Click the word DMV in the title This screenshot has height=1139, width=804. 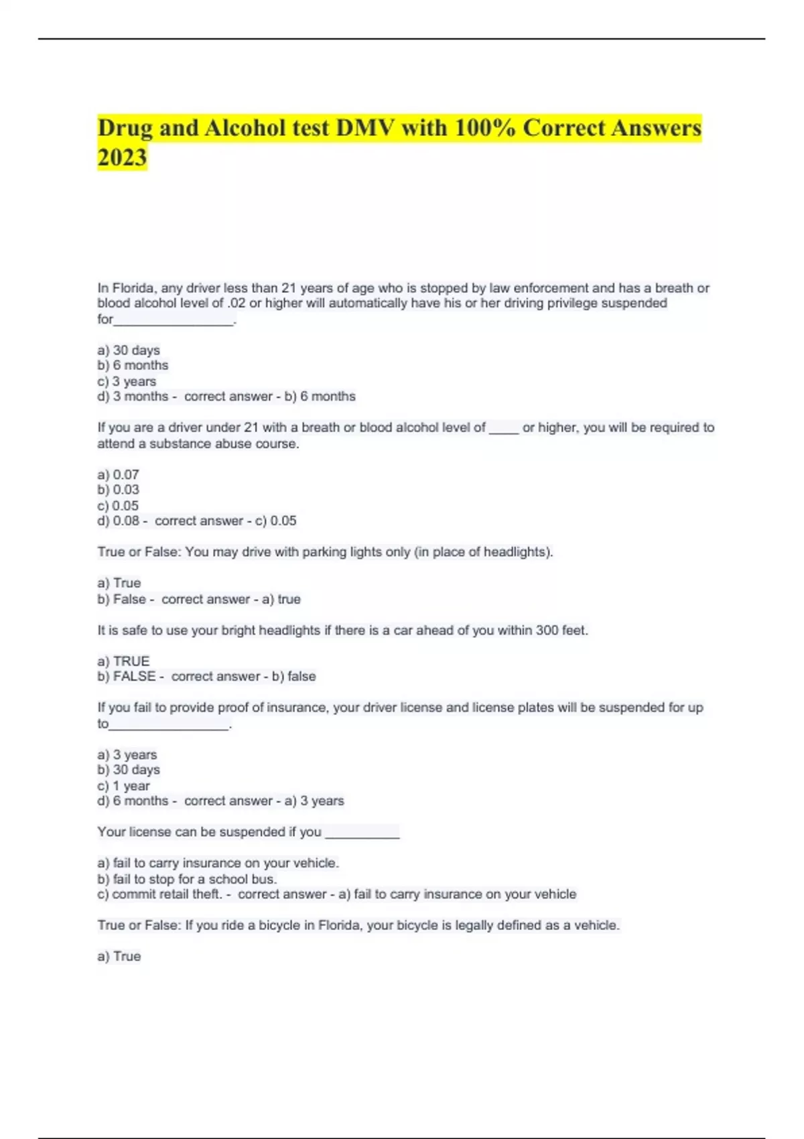[x=365, y=127]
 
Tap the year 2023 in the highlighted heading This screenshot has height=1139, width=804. [x=122, y=157]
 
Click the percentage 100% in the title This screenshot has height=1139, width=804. [x=484, y=127]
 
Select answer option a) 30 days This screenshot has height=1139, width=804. [x=129, y=350]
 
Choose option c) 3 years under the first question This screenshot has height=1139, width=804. [x=127, y=381]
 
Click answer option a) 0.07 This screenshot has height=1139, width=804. [x=119, y=474]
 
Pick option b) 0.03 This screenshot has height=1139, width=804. [x=119, y=490]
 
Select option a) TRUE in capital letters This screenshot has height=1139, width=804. [x=123, y=661]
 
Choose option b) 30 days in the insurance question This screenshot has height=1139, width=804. [x=129, y=770]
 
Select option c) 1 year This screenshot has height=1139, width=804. [x=124, y=786]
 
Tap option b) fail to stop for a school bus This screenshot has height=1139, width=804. [x=187, y=879]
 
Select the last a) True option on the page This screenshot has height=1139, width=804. [x=119, y=956]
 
